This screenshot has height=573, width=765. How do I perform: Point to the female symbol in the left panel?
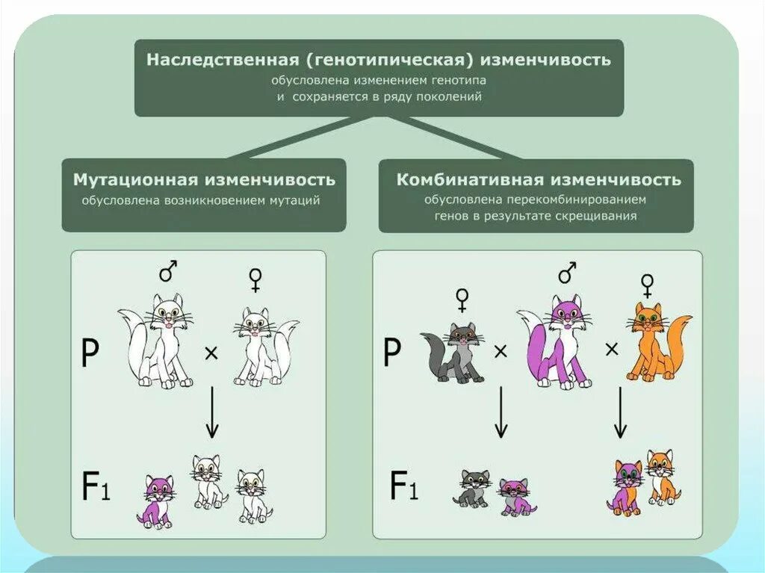coord(255,279)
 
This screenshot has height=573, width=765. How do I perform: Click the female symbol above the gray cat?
coord(462,300)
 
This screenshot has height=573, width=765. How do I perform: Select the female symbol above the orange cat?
coord(647,284)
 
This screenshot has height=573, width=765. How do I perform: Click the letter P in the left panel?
coord(90,354)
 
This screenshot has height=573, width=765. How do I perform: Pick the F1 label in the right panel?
coord(403,486)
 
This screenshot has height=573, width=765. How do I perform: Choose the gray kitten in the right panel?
coord(474,488)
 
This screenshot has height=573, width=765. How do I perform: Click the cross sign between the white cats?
coord(212,354)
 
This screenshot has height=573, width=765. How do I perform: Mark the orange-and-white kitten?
coord(660,477)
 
